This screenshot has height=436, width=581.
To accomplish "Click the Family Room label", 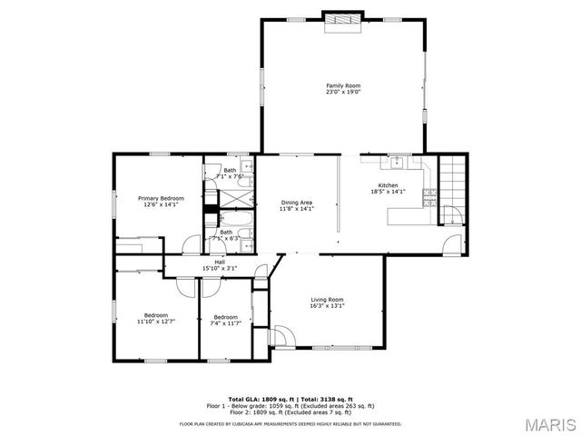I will point(343,86).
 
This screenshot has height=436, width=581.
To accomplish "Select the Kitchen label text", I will point(389,185).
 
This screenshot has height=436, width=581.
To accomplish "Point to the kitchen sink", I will point(397,163).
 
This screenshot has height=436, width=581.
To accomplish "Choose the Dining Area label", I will point(297,203).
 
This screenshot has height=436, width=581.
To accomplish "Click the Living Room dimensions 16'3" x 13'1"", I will point(327,305).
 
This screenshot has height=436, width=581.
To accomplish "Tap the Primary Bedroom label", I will point(161,198).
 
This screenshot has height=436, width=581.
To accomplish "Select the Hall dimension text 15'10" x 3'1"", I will point(219,268).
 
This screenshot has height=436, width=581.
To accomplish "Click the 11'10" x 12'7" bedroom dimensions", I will point(156,322).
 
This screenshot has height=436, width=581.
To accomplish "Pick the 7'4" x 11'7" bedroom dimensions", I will point(225,322).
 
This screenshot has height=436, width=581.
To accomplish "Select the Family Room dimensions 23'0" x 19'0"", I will point(343,92).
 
